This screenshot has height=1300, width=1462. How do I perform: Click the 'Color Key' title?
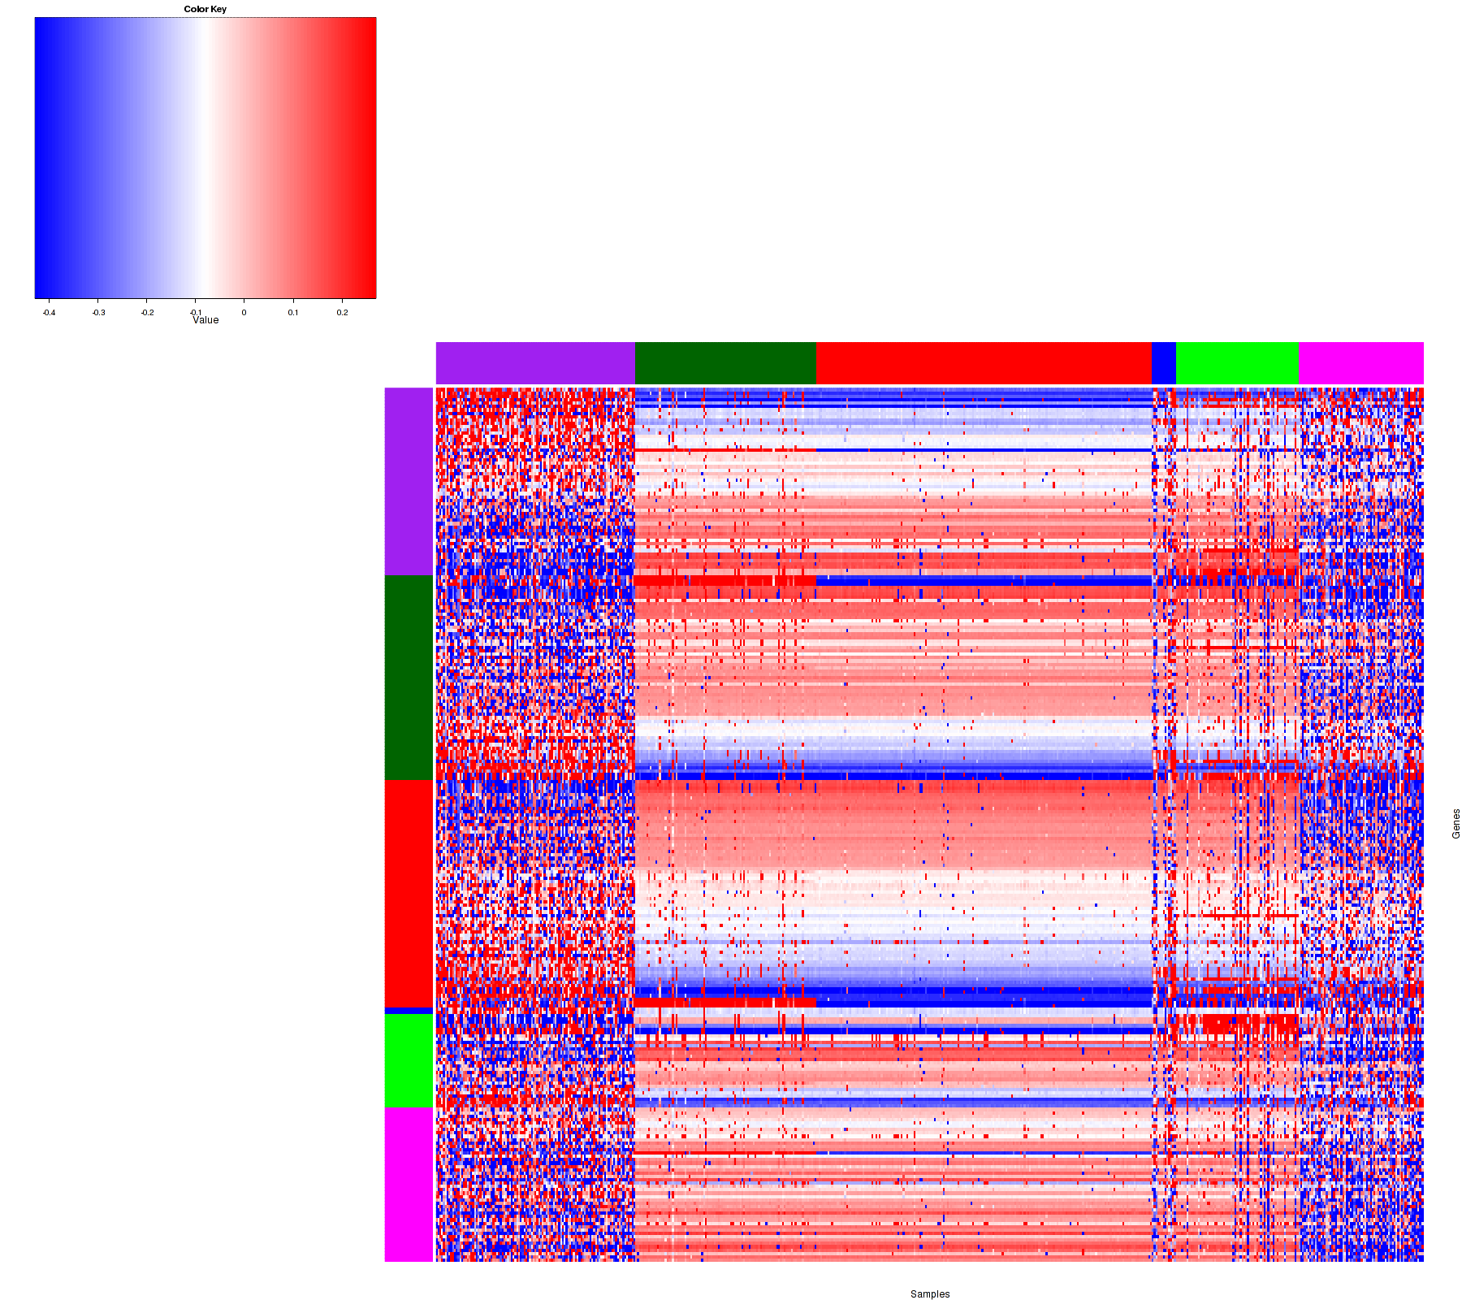(x=205, y=10)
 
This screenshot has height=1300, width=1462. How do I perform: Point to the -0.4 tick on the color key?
(x=49, y=312)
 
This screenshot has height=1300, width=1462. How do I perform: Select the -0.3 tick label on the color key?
(x=98, y=312)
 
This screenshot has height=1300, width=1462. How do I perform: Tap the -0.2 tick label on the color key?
(x=147, y=312)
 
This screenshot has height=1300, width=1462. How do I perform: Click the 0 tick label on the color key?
(x=244, y=312)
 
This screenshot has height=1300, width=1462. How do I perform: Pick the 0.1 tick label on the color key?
(x=293, y=312)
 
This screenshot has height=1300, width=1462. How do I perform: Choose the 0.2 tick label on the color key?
(x=343, y=312)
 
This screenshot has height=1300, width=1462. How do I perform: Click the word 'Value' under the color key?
(x=205, y=320)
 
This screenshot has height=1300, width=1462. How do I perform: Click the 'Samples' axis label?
(x=930, y=1294)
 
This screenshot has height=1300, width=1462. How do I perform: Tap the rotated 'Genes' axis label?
(x=1456, y=824)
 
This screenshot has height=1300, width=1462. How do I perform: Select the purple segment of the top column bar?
(x=535, y=362)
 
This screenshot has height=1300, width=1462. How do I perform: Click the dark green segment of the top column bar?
(x=725, y=362)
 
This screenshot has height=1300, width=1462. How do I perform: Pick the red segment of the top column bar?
(x=984, y=362)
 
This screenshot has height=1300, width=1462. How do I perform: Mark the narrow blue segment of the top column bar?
(x=1163, y=362)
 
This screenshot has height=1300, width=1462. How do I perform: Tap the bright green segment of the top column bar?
(x=1237, y=362)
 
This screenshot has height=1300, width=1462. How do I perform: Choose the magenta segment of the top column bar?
(x=1361, y=362)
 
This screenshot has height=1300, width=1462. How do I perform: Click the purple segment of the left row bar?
(x=409, y=481)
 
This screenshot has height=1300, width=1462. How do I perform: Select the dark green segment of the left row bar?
(x=409, y=678)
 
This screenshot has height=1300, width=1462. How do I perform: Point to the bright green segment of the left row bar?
(x=409, y=1060)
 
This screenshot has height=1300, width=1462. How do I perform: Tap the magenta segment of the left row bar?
(x=409, y=1185)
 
